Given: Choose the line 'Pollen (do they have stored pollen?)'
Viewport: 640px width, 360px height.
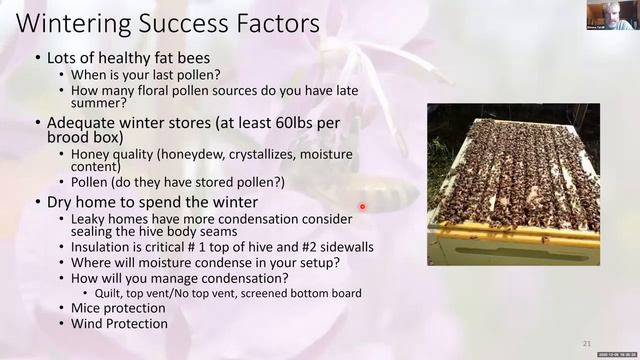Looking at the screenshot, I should [178, 183].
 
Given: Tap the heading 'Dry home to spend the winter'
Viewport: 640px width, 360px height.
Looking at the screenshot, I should [151, 202].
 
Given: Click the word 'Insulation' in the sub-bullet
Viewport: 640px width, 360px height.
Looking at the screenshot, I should [102, 247].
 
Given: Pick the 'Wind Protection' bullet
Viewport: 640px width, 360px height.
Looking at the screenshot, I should [119, 324].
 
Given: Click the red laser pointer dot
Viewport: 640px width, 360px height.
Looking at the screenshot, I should [362, 207].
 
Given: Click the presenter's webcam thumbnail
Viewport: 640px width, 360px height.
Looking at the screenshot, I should [609, 15].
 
